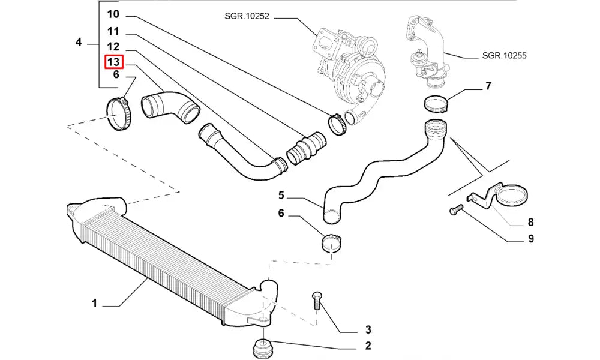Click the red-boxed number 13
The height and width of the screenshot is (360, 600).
pyautogui.click(x=114, y=61)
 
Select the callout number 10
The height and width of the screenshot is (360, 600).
pyautogui.click(x=113, y=14)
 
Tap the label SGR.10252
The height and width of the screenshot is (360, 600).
pyautogui.click(x=242, y=17)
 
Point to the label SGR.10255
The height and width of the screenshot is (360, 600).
pyautogui.click(x=504, y=55)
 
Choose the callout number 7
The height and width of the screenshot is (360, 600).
pyautogui.click(x=488, y=86)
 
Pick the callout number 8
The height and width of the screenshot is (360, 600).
pyautogui.click(x=530, y=222)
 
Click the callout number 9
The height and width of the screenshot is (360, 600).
pyautogui.click(x=530, y=239)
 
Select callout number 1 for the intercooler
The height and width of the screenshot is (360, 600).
pyautogui.click(x=94, y=304)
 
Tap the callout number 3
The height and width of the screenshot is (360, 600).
pyautogui.click(x=368, y=329)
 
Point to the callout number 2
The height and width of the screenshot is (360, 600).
pyautogui.click(x=368, y=346)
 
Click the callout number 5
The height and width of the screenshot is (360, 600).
pyautogui.click(x=281, y=194)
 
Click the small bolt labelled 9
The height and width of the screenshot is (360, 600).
pyautogui.click(x=455, y=210)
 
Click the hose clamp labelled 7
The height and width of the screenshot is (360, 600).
pyautogui.click(x=435, y=104)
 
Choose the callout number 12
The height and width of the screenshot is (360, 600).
pyautogui.click(x=113, y=46)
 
